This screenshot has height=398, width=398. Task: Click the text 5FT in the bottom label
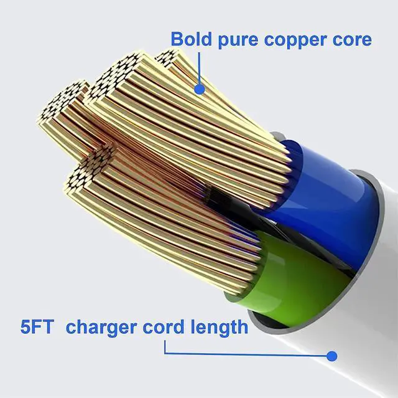(x=37, y=326)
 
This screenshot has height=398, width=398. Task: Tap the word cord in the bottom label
(x=162, y=326)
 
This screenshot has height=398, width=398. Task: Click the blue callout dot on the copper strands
(x=200, y=90)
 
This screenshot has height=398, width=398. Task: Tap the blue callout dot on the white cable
(x=331, y=356)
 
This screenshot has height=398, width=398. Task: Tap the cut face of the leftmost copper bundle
(x=62, y=106)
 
